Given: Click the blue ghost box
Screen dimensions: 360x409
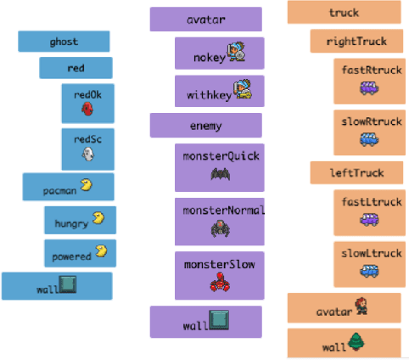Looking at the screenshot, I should pyautogui.click(x=64, y=42).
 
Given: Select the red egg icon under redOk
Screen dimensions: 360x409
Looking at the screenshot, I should pyautogui.click(x=86, y=109).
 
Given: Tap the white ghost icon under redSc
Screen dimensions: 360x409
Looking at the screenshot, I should pyautogui.click(x=86, y=155).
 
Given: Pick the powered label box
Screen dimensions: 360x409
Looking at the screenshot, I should pyautogui.click(x=80, y=252).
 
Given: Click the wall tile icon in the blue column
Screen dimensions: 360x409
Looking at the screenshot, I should pyautogui.click(x=69, y=285).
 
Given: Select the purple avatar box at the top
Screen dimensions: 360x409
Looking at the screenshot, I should pyautogui.click(x=205, y=20).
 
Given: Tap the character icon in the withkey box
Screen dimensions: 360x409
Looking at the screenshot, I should pyautogui.click(x=242, y=89).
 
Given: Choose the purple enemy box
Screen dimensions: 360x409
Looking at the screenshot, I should pyautogui.click(x=205, y=126).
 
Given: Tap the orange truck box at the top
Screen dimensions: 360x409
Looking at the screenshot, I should pyautogui.click(x=344, y=13).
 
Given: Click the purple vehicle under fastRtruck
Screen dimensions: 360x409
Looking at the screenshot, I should pyautogui.click(x=370, y=87).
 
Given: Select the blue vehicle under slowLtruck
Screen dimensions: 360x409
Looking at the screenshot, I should pyautogui.click(x=370, y=271).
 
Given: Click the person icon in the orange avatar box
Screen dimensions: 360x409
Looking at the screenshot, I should pyautogui.click(x=361, y=307).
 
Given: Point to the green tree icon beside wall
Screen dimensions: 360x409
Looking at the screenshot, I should pyautogui.click(x=356, y=343).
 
